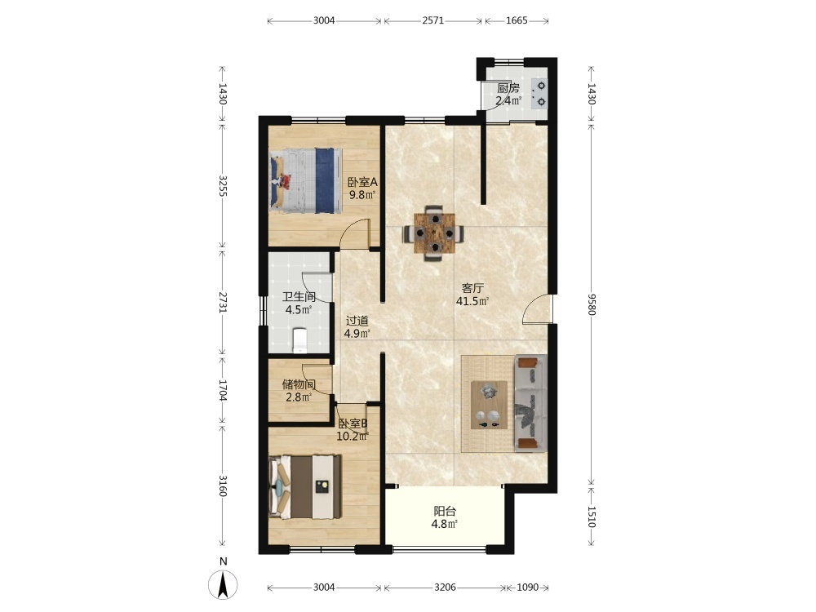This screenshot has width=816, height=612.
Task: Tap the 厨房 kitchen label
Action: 508,88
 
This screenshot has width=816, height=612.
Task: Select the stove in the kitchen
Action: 539,94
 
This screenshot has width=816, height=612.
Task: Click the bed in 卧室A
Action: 306,180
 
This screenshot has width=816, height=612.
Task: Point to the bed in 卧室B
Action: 305,486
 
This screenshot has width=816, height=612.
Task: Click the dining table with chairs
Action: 434,233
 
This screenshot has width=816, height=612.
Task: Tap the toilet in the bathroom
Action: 299,340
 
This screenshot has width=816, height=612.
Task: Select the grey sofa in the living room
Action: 530,403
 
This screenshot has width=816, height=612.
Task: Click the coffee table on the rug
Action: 489,405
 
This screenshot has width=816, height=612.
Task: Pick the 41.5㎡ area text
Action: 472,301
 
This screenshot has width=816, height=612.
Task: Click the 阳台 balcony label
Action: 445,511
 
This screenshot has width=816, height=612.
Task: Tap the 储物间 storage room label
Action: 299,384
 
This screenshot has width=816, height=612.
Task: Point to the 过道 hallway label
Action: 357,321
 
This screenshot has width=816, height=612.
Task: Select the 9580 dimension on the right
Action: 592,304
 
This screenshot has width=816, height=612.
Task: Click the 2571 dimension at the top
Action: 433,21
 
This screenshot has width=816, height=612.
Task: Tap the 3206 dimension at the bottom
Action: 445,588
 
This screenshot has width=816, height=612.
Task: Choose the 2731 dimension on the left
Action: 223,303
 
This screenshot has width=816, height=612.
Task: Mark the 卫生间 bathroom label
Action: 299,297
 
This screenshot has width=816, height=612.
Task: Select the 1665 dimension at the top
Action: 517,21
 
